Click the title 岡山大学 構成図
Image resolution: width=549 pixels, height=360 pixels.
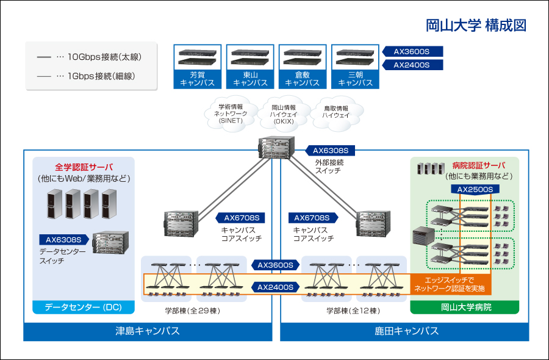[476, 26]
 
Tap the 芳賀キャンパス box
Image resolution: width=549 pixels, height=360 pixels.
[198, 67]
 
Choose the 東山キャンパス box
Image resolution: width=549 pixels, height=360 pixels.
[250, 67]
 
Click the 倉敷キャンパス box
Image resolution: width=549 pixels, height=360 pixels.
[303, 67]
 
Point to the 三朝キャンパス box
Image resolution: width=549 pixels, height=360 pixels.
[355, 67]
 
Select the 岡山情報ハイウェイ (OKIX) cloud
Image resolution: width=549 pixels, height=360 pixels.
[284, 113]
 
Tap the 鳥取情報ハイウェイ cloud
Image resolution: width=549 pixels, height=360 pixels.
[336, 112]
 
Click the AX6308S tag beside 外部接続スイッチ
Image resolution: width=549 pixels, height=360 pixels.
[330, 150]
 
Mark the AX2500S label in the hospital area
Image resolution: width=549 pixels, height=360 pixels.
[475, 190]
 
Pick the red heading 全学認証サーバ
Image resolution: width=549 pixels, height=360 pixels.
[84, 167]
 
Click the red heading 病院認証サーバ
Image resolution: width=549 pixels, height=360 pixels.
[479, 165]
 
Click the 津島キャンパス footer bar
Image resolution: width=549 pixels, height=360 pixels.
[148, 331]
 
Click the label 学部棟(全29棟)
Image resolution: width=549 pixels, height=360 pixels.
[192, 311]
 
